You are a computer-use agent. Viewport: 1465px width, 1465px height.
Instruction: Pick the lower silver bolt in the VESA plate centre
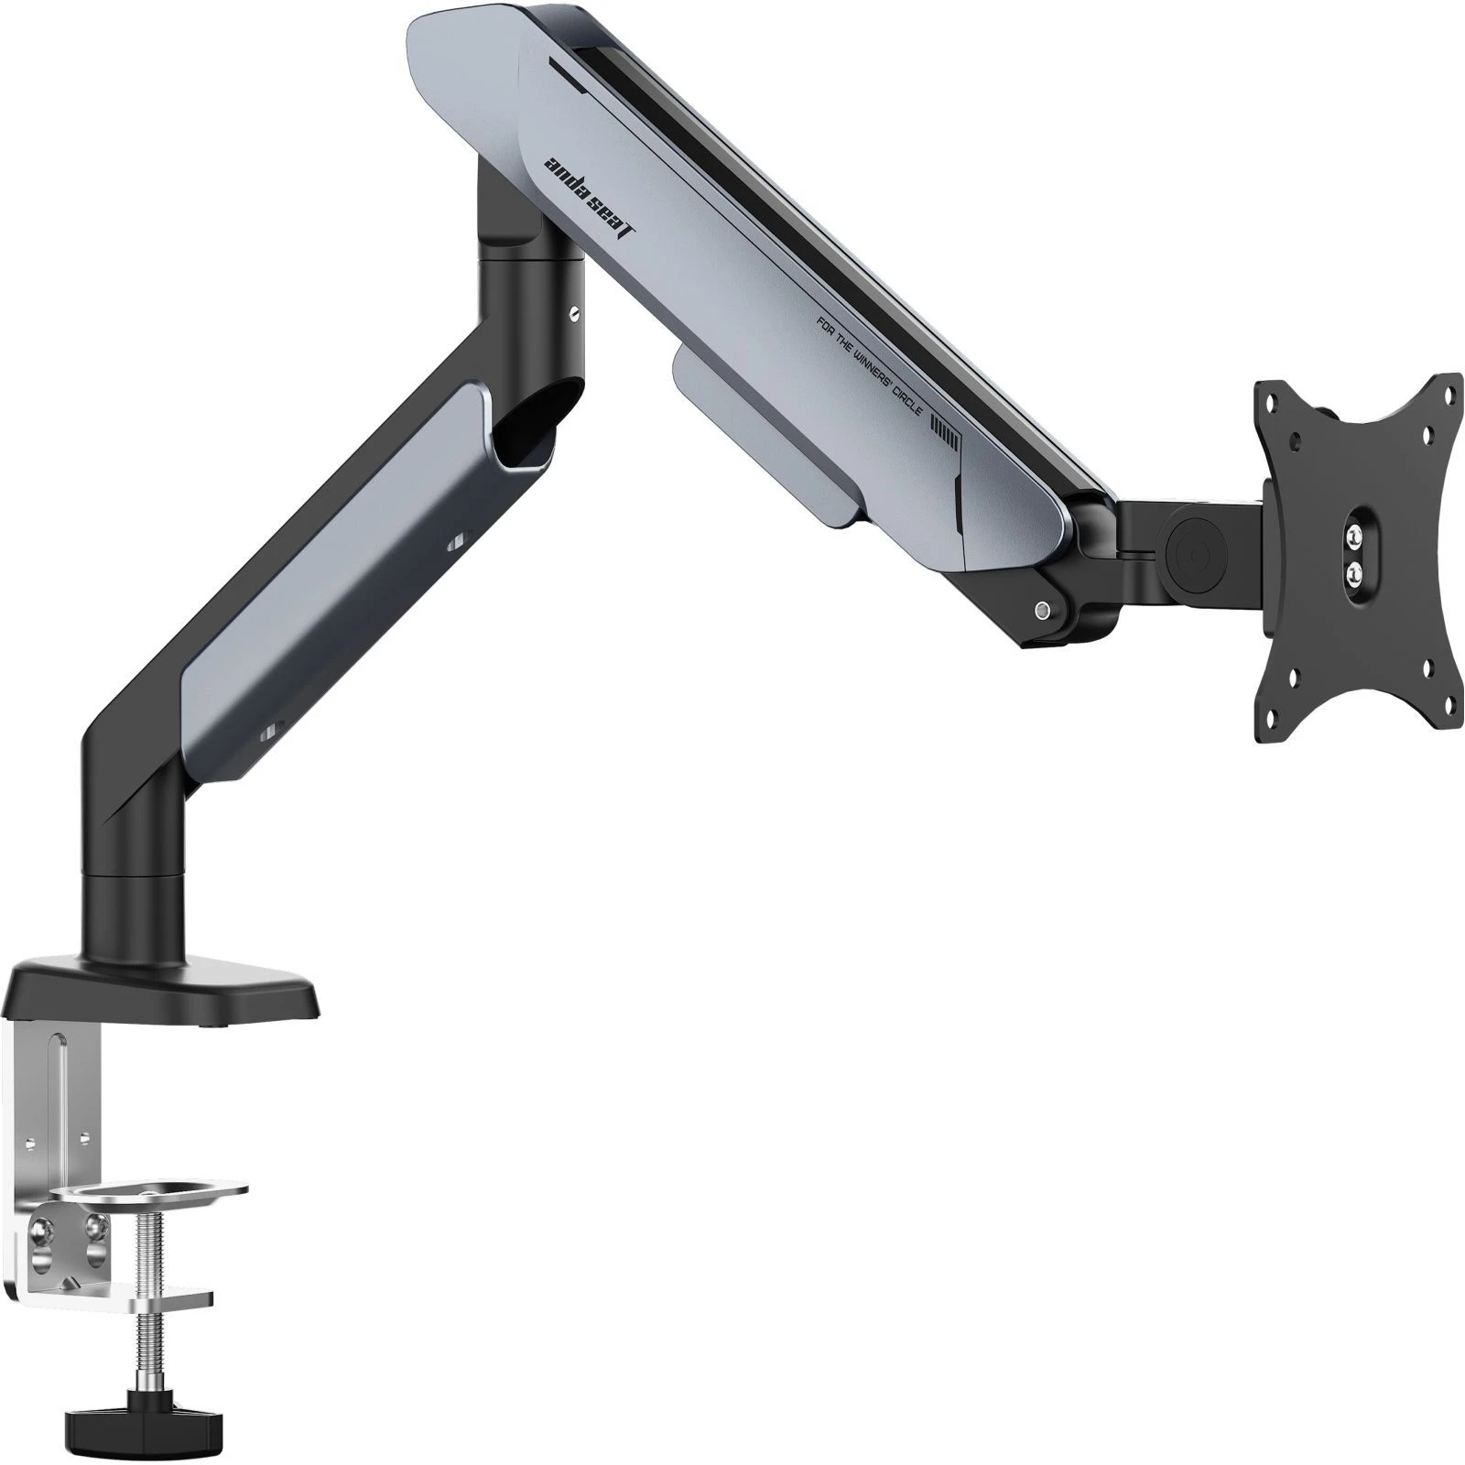(1354, 570)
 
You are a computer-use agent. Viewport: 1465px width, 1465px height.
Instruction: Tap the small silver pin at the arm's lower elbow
(1042, 610)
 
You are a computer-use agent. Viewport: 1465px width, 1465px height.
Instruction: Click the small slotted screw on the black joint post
(573, 314)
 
